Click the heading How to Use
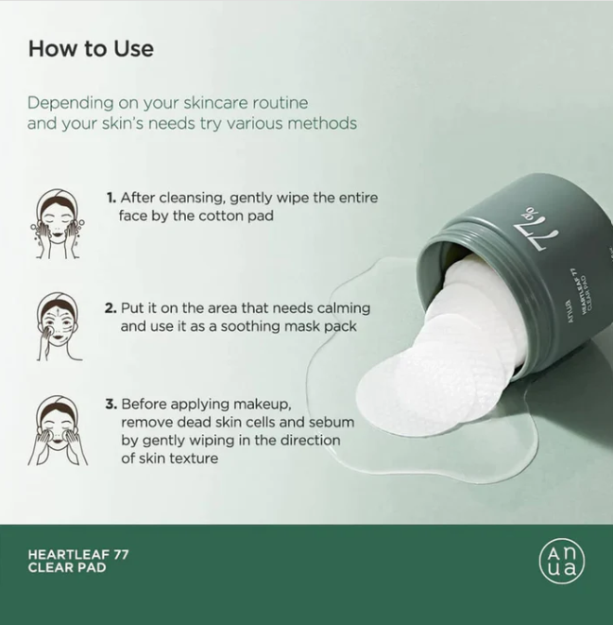pos(91,48)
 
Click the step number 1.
pos(111,199)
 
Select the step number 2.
pos(111,308)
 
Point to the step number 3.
pos(111,404)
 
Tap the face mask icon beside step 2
pos(57,327)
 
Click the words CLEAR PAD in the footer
pos(65,568)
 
